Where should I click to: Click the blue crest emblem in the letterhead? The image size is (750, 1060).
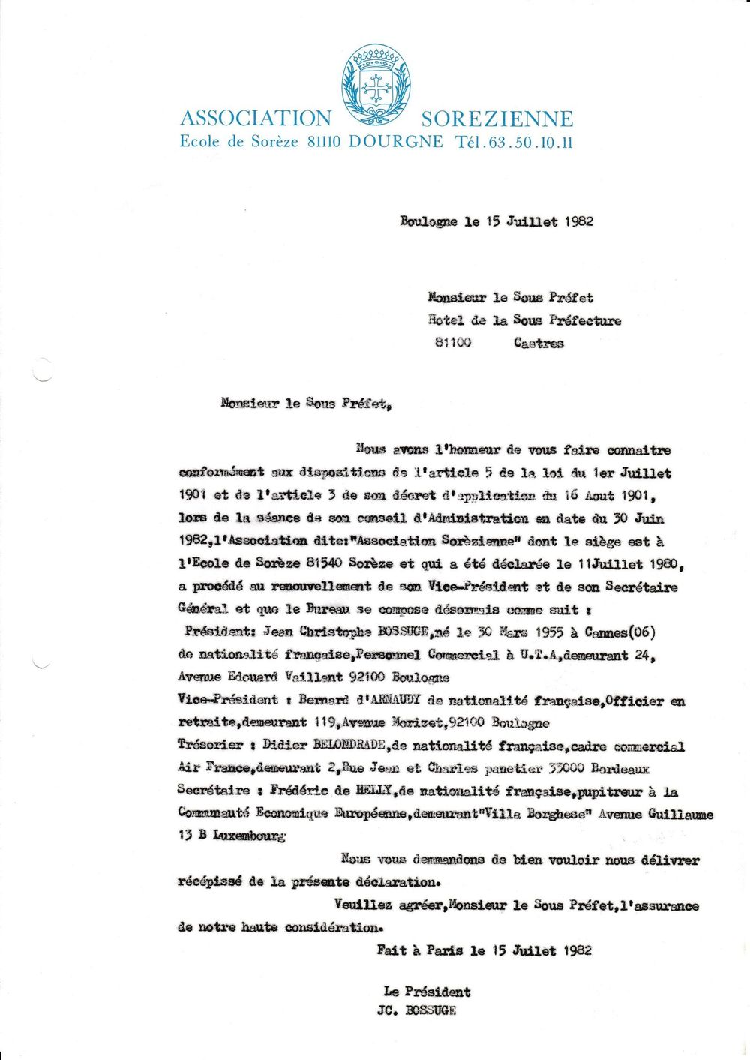376,84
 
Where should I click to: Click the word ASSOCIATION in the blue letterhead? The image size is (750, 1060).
255,119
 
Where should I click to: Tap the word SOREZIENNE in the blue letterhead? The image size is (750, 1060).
496,119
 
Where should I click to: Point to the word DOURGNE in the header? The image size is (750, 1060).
395,142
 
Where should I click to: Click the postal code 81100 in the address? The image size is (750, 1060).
453,343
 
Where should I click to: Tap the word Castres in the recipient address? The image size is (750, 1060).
538,343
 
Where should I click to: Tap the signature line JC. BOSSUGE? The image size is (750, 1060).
416,1010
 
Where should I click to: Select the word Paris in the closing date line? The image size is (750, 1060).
444,950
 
